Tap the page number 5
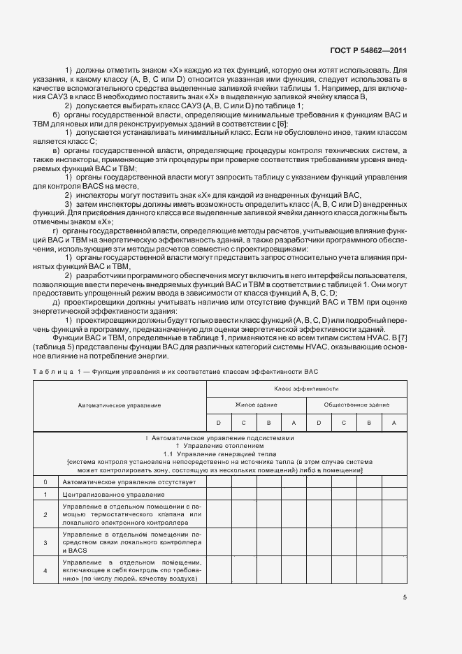click(x=405, y=597)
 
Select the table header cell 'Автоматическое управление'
click(x=119, y=405)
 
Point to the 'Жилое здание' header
click(x=256, y=405)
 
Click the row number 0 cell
click(x=45, y=482)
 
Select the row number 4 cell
click(x=45, y=570)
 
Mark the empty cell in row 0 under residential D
click(x=219, y=482)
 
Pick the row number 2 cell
click(x=45, y=516)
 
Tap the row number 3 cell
click(x=45, y=543)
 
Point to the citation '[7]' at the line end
click(x=403, y=337)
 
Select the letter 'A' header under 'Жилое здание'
click(x=294, y=423)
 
